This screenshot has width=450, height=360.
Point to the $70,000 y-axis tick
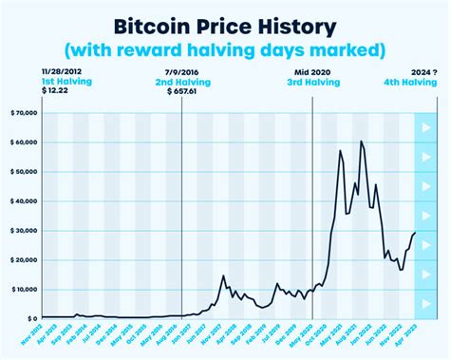(x=23, y=113)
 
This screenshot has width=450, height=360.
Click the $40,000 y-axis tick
(x=23, y=201)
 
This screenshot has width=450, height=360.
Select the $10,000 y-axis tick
(x=23, y=289)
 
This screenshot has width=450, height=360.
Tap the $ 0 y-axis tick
(x=30, y=318)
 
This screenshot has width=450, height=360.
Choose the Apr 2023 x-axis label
(x=404, y=336)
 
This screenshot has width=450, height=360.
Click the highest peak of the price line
(x=362, y=142)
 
